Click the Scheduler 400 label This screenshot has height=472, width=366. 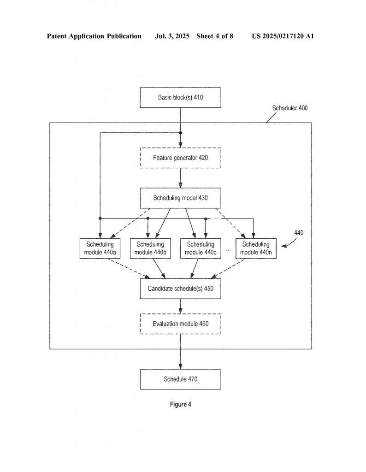click(290, 108)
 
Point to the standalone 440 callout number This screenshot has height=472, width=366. click(299, 233)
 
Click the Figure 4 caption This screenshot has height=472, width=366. click(181, 404)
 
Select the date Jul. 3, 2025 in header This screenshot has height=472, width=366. click(172, 36)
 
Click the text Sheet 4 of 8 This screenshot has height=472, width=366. click(215, 36)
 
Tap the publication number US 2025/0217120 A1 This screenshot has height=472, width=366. click(283, 36)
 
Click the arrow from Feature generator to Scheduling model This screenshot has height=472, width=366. click(181, 178)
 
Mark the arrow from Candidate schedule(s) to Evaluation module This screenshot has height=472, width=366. click(181, 306)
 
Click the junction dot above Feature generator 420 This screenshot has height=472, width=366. click(181, 133)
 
